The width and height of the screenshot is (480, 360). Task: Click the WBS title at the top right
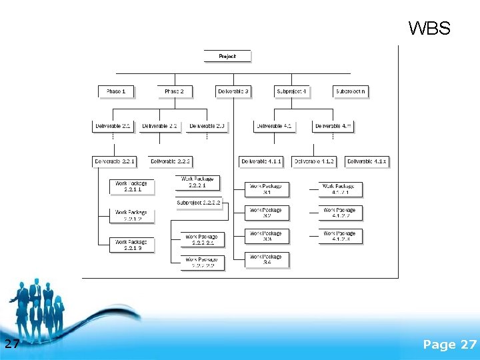click(x=429, y=29)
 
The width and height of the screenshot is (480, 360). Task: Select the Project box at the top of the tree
click(x=227, y=57)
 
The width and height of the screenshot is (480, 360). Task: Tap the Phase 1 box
click(x=116, y=91)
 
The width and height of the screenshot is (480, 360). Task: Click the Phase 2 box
click(x=175, y=91)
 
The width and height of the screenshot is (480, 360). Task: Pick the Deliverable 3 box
click(x=233, y=91)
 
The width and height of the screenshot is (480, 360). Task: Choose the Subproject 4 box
click(x=291, y=91)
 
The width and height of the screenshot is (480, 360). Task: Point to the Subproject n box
click(x=350, y=91)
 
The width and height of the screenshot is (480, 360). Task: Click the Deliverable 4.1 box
click(x=273, y=125)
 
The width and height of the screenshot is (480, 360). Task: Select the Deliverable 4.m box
click(x=333, y=125)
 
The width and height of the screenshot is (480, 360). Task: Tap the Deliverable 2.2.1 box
click(x=115, y=161)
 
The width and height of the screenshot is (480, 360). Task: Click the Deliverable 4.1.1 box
click(x=262, y=161)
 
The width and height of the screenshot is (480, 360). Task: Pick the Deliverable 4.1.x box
click(x=367, y=161)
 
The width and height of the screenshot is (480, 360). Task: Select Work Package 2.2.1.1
click(x=131, y=187)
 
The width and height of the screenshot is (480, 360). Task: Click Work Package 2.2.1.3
click(x=131, y=245)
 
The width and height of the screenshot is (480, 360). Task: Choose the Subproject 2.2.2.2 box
click(x=199, y=203)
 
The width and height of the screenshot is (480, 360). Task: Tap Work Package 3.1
click(x=267, y=189)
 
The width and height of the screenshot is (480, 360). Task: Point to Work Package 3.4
click(x=267, y=259)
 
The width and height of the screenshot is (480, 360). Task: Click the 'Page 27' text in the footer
click(x=449, y=344)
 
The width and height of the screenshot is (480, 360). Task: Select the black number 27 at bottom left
click(x=12, y=344)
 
